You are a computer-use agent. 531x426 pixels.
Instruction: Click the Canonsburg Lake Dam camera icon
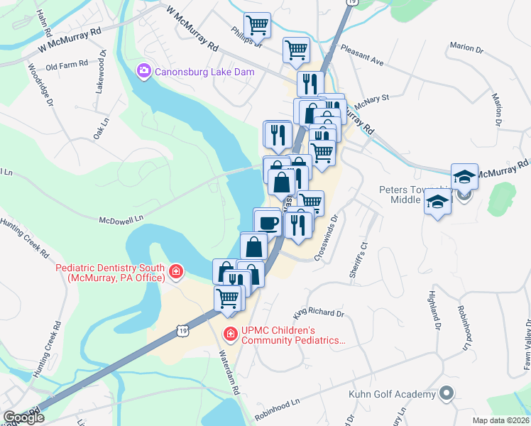coord(143,70)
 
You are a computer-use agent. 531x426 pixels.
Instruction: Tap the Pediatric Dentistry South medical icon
coord(175,271)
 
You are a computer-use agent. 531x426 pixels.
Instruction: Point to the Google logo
coord(23,417)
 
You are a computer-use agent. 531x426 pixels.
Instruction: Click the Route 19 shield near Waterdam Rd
coord(183,330)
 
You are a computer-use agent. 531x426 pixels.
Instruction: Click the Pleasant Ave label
coord(362,57)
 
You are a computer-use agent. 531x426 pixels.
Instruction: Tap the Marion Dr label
coord(466,48)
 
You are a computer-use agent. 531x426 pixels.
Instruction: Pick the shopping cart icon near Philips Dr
coord(257,25)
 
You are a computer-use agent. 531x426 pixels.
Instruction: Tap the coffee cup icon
coord(268,222)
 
